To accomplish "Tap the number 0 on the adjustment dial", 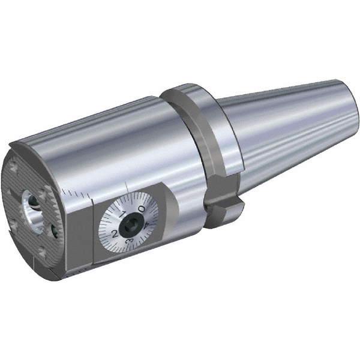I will tap(140, 209).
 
